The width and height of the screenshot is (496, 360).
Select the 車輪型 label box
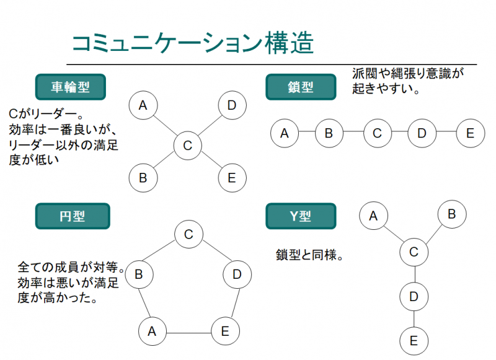tap(70, 87)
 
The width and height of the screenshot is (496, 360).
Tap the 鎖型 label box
tap(301, 87)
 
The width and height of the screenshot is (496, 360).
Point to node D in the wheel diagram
tap(232, 105)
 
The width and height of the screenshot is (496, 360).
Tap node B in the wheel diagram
tap(143, 178)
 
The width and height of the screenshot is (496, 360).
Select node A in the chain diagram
tap(285, 133)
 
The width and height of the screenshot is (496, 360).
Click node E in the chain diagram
tap(470, 133)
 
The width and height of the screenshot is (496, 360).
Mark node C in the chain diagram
tap(377, 133)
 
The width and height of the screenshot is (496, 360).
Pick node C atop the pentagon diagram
tap(188, 234)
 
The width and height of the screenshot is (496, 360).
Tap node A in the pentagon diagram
tap(152, 331)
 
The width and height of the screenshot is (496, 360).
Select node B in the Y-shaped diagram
tap(451, 214)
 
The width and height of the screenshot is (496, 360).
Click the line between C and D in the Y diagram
tap(414, 274)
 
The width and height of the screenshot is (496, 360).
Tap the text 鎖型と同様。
tap(309, 255)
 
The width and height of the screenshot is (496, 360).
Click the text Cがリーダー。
tap(46, 115)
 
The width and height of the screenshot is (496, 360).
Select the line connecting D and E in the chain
tap(446, 133)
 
